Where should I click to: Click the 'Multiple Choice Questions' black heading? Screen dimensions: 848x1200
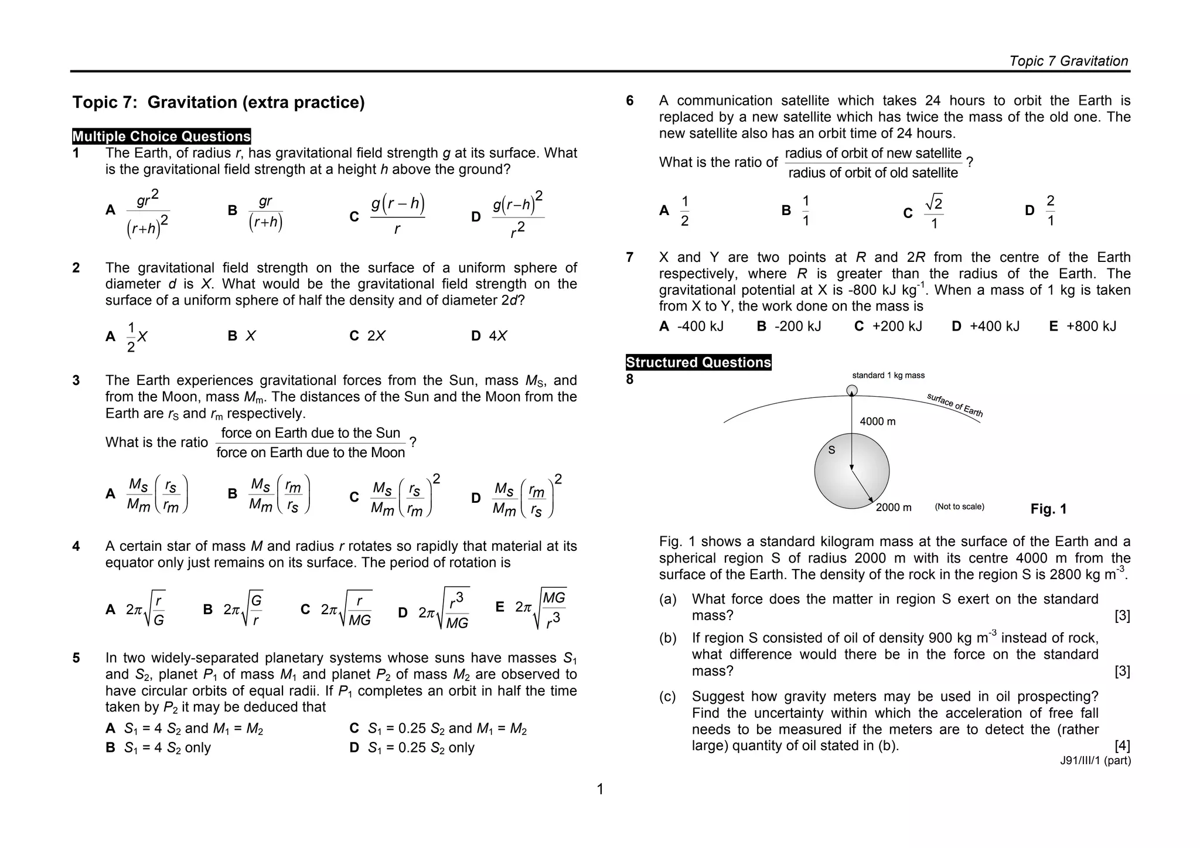(x=161, y=137)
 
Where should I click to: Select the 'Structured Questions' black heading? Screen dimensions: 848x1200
(x=698, y=362)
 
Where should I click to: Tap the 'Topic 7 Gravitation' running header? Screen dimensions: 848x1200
(x=1068, y=61)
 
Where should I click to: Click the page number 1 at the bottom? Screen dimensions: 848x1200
(x=600, y=789)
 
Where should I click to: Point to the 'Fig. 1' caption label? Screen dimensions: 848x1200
(x=1048, y=509)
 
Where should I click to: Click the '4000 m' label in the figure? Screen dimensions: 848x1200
(x=877, y=421)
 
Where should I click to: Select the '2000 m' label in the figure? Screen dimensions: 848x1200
(x=894, y=508)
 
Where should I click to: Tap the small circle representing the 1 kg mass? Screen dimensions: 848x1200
(x=852, y=390)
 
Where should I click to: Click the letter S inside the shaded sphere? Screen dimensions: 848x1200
(x=831, y=450)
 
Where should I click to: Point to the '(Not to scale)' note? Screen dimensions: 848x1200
(x=959, y=507)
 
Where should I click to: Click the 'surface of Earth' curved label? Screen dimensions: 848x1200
(x=954, y=405)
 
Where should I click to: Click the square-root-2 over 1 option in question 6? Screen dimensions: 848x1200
(x=933, y=212)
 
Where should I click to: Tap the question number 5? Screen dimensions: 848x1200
(x=76, y=658)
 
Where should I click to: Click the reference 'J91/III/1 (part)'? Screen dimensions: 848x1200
(x=1095, y=761)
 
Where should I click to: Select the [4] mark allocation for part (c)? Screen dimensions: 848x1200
(x=1121, y=745)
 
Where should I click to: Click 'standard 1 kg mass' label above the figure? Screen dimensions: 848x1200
(x=888, y=376)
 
